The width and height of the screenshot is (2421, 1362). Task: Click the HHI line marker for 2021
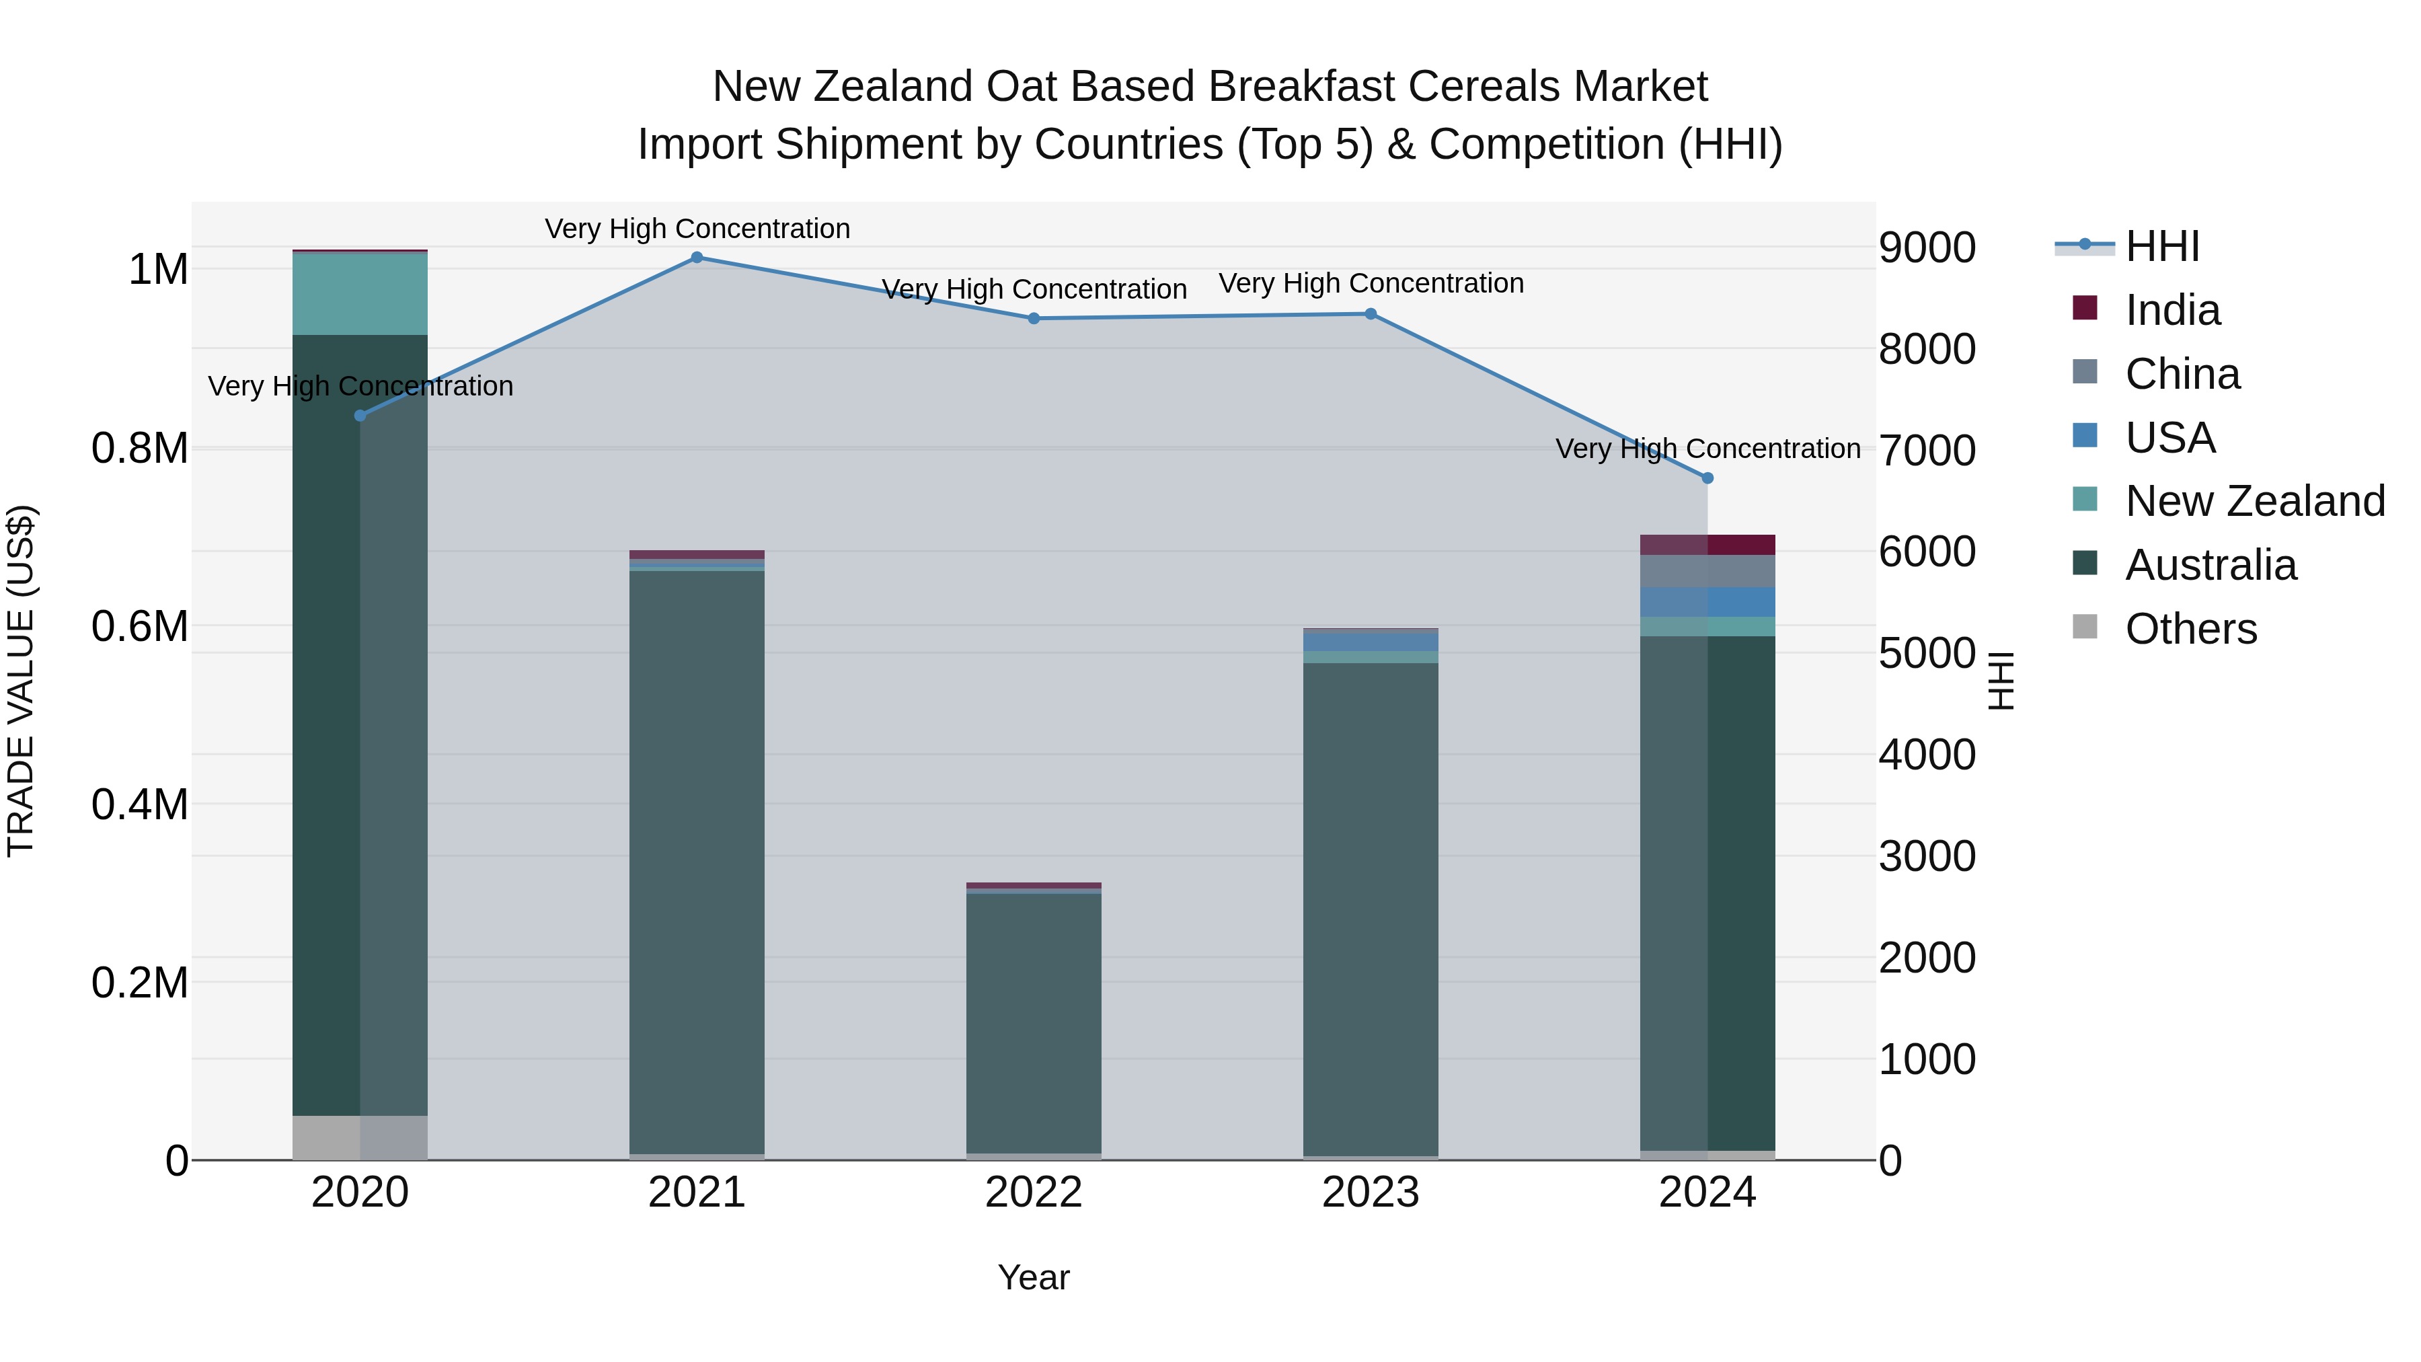tap(697, 258)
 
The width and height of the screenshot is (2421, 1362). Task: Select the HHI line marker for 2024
tap(1707, 478)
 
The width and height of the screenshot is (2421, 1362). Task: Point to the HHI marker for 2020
tap(360, 416)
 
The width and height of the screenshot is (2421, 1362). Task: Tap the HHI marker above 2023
tap(1371, 314)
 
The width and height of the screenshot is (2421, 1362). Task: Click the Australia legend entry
tap(2210, 566)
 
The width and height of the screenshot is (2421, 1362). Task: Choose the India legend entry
tap(2172, 310)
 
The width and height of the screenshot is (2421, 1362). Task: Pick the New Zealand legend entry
tap(2254, 502)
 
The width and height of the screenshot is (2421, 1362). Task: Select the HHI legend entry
tap(2161, 246)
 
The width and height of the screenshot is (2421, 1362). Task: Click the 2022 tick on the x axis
tap(1033, 1193)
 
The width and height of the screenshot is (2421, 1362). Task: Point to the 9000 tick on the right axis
tap(1927, 248)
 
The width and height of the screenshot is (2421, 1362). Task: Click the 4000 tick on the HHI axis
tap(1927, 755)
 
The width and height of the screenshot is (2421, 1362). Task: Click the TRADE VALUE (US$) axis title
tap(21, 681)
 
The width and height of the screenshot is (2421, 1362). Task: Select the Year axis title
tap(1033, 1277)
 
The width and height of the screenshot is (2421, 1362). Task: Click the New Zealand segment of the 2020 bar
tap(360, 293)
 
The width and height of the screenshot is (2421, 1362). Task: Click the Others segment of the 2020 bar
tap(360, 1137)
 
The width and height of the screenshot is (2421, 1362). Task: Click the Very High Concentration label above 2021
tap(697, 229)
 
